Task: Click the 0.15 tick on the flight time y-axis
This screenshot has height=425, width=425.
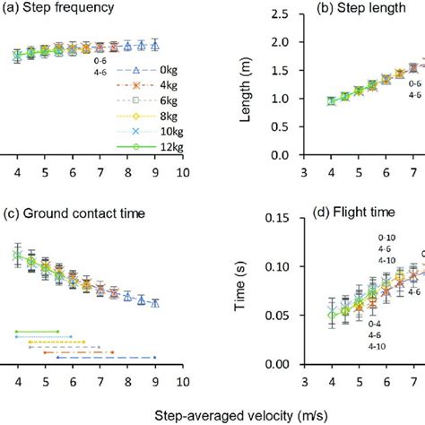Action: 283,218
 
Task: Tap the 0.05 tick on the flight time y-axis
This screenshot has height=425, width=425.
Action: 283,316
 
